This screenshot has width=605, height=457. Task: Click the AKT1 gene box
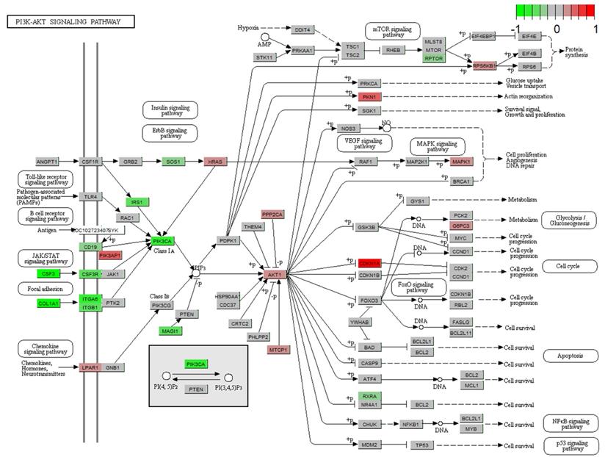point(275,275)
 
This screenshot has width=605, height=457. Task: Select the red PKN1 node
point(369,96)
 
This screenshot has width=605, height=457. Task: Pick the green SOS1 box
point(173,161)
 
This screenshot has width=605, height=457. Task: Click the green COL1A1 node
point(49,303)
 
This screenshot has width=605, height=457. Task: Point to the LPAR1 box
point(90,367)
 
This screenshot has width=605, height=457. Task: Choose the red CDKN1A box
point(369,263)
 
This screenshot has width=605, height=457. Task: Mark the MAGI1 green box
point(170,331)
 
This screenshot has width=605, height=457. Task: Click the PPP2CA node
point(272,214)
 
